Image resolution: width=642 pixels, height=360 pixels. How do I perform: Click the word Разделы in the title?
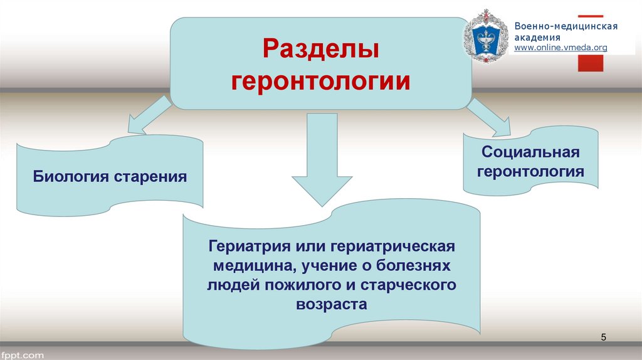(x=320, y=50)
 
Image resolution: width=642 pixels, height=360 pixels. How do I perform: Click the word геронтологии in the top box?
(x=321, y=82)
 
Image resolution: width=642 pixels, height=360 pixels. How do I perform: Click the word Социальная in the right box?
(x=530, y=152)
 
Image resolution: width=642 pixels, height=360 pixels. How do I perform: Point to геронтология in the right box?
(x=530, y=171)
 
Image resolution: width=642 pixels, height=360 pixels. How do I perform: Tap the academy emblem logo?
(x=486, y=36)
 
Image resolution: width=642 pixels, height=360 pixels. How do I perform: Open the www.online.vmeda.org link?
(x=560, y=48)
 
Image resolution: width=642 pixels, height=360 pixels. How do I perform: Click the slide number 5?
(x=604, y=338)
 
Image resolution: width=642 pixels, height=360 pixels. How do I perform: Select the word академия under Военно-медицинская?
(x=537, y=37)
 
